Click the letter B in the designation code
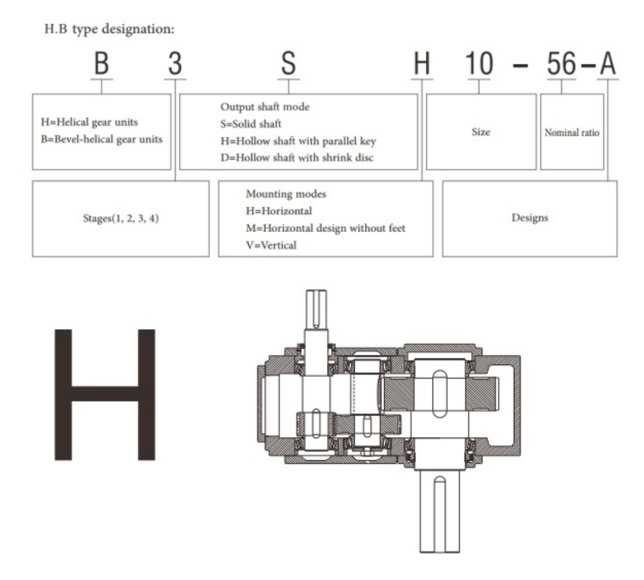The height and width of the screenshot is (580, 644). pyautogui.click(x=101, y=64)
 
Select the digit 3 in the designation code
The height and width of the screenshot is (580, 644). pyautogui.click(x=175, y=64)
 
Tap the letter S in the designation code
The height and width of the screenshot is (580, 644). pyautogui.click(x=288, y=64)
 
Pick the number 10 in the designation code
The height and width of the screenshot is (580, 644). pyautogui.click(x=479, y=64)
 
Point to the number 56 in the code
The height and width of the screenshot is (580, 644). pyautogui.click(x=562, y=64)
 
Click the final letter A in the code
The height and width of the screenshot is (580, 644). pyautogui.click(x=608, y=64)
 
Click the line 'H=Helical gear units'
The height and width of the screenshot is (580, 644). pyautogui.click(x=90, y=122)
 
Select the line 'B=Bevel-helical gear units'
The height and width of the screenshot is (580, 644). pyautogui.click(x=101, y=139)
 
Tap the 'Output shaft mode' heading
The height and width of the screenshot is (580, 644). pyautogui.click(x=265, y=107)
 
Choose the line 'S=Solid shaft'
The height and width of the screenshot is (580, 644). pyautogui.click(x=251, y=124)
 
